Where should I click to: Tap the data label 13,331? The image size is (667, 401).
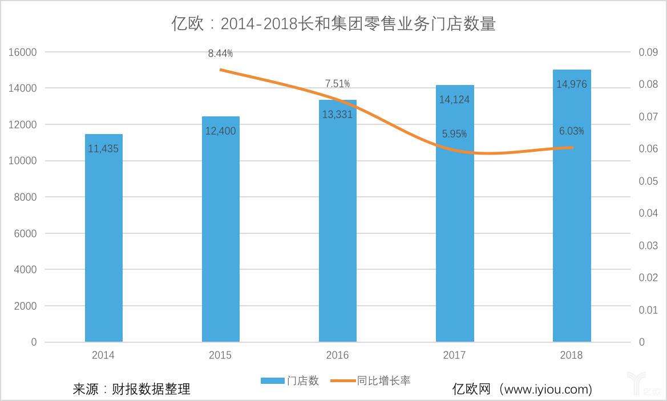(337, 114)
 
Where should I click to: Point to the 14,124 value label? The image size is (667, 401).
(454, 99)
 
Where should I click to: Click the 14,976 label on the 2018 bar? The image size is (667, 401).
(571, 84)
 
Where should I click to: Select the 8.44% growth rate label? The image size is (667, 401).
(220, 54)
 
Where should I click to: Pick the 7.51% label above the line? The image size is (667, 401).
(337, 84)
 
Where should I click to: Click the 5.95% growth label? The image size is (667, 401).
(454, 134)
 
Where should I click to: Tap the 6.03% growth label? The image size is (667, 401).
(571, 131)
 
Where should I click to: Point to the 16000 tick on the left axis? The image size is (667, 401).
(23, 52)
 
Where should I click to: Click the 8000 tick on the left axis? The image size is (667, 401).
(26, 197)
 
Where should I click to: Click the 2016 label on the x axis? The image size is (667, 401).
(337, 355)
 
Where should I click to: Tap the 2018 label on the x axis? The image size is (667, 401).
(571, 355)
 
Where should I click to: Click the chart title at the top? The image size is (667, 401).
(333, 24)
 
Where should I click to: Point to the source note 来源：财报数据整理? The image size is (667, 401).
(131, 389)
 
